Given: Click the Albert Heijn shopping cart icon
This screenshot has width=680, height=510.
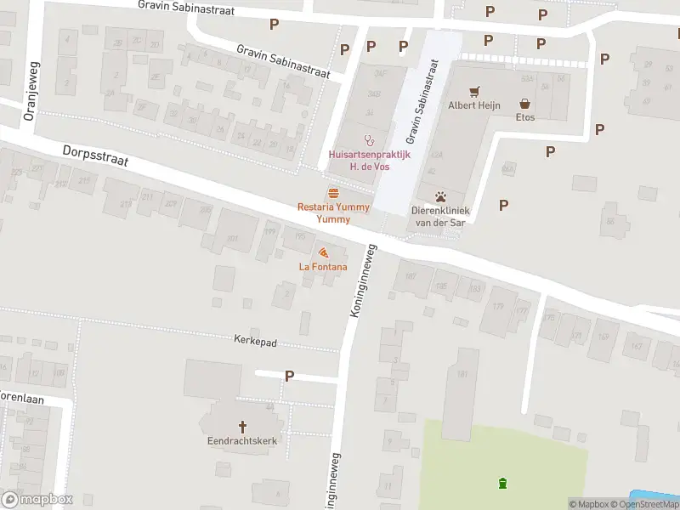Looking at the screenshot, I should point(474,91).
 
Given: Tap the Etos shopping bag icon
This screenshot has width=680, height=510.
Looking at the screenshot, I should point(525,102).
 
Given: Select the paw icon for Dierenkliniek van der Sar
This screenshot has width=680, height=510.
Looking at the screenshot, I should point(441,196).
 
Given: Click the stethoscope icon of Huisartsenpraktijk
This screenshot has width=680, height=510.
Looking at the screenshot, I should point(368,139).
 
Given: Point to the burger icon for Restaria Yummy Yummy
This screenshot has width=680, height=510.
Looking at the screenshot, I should point(333,193).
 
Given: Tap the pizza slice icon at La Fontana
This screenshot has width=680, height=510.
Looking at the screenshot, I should point(323,252).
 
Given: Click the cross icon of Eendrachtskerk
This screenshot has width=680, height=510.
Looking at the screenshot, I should point(242,427).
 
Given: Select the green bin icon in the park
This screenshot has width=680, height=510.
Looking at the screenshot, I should point(502,484).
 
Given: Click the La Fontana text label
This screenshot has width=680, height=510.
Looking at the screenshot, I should point(323,267).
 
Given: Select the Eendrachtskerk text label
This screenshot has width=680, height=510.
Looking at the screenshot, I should point(242,441).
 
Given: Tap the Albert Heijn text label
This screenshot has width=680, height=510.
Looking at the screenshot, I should point(474,105).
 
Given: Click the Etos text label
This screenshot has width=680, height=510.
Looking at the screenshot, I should point(525,116).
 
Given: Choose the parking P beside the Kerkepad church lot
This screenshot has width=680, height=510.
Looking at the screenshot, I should point(290,376).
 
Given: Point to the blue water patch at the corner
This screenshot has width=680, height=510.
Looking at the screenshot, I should point(654,497).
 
